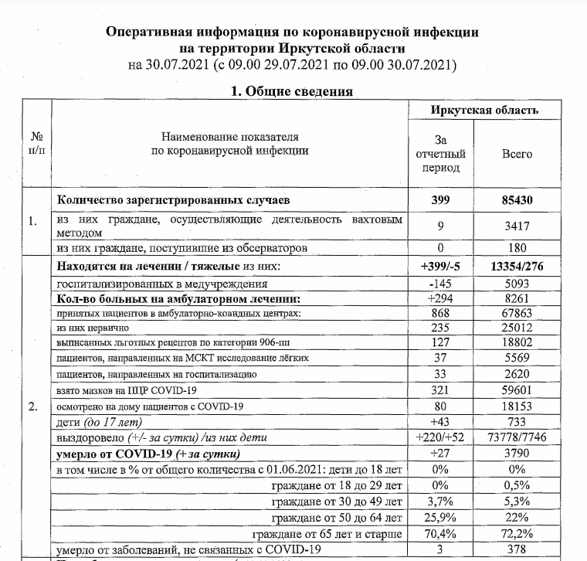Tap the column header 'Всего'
point(517,154)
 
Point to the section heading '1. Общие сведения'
point(293,91)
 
